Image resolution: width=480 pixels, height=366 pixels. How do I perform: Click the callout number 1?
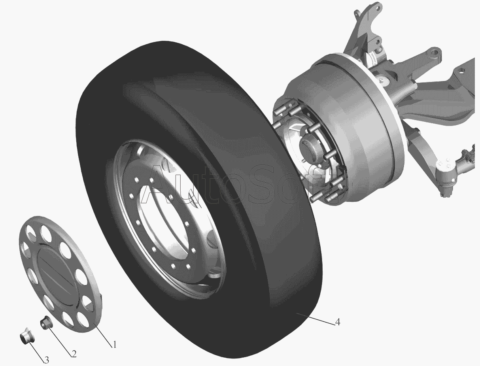click(114, 345)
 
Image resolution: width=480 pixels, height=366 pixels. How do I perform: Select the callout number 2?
click(74, 354)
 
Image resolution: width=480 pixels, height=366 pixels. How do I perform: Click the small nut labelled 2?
click(46, 322)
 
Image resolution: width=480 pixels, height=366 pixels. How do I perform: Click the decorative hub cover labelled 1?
click(60, 274)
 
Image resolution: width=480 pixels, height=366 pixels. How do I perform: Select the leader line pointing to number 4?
click(316, 319)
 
